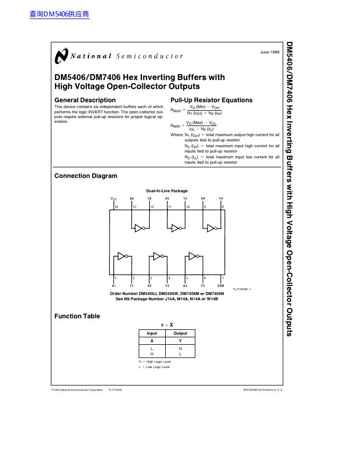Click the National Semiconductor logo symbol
[61, 56]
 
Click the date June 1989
[269, 52]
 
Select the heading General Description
[85, 100]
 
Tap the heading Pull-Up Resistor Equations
[211, 100]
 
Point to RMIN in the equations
[175, 126]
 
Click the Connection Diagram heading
[86, 176]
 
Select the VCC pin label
[114, 199]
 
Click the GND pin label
[221, 285]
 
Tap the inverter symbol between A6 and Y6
[139, 228]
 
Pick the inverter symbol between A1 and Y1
[122, 256]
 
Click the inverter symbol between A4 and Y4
[211, 228]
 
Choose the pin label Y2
[167, 285]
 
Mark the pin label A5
[167, 199]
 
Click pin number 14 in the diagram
[117, 207]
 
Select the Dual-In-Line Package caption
[167, 191]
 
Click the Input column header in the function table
[152, 334]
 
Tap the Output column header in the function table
[180, 334]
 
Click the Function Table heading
[77, 316]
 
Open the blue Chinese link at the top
[59, 14]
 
